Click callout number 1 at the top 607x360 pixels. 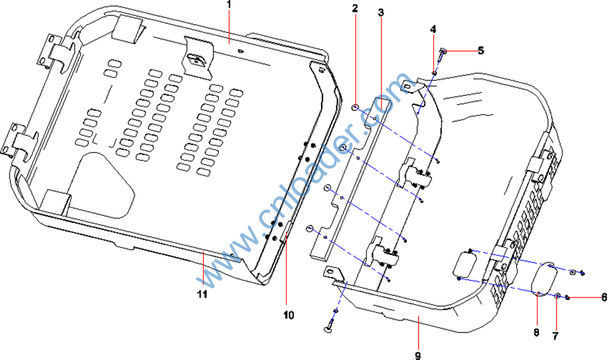(229, 5)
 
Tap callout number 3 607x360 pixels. (381, 12)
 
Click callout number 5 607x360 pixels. (481, 50)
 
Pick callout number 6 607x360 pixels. (604, 296)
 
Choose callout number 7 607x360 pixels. (555, 336)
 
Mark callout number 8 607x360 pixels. (537, 332)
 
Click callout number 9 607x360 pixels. (417, 355)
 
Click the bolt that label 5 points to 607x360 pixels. (443, 51)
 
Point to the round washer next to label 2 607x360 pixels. (355, 105)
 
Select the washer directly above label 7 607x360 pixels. (559, 295)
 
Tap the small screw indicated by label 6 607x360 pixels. (569, 297)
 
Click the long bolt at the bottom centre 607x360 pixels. (332, 320)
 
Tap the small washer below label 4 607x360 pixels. (434, 73)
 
